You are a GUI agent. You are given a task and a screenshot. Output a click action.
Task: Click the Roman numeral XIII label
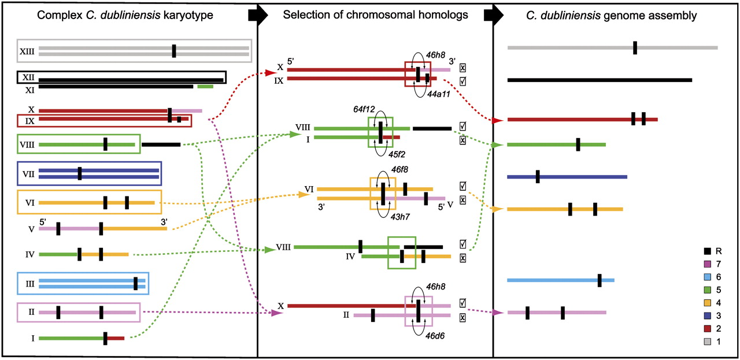click(x=27, y=51)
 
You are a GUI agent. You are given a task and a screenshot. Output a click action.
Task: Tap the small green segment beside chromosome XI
click(x=205, y=87)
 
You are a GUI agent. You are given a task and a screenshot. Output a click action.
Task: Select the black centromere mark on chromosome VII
click(x=80, y=173)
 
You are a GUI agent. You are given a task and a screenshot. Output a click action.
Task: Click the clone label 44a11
click(x=439, y=94)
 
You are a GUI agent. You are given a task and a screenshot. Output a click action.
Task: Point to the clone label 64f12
click(x=364, y=109)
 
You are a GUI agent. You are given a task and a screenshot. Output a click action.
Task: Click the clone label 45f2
click(x=397, y=154)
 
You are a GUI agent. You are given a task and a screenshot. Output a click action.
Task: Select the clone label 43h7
click(x=400, y=217)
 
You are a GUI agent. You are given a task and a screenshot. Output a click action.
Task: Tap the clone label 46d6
click(x=435, y=336)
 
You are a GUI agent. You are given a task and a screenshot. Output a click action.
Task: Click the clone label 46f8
click(x=399, y=169)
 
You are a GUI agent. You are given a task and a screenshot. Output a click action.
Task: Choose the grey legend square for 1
click(x=707, y=342)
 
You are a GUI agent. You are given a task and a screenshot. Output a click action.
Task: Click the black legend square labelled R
click(x=707, y=251)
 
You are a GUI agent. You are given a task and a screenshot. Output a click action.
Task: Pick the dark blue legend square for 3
click(x=707, y=316)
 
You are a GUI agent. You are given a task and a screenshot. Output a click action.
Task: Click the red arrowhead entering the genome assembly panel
click(x=497, y=121)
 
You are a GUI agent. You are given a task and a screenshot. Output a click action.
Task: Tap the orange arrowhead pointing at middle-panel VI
click(x=304, y=194)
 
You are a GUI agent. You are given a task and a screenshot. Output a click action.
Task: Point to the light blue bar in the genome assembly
click(x=561, y=280)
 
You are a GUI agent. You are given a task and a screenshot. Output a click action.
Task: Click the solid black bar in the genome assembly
click(x=600, y=80)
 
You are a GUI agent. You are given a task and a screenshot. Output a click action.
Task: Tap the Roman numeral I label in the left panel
click(x=33, y=339)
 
